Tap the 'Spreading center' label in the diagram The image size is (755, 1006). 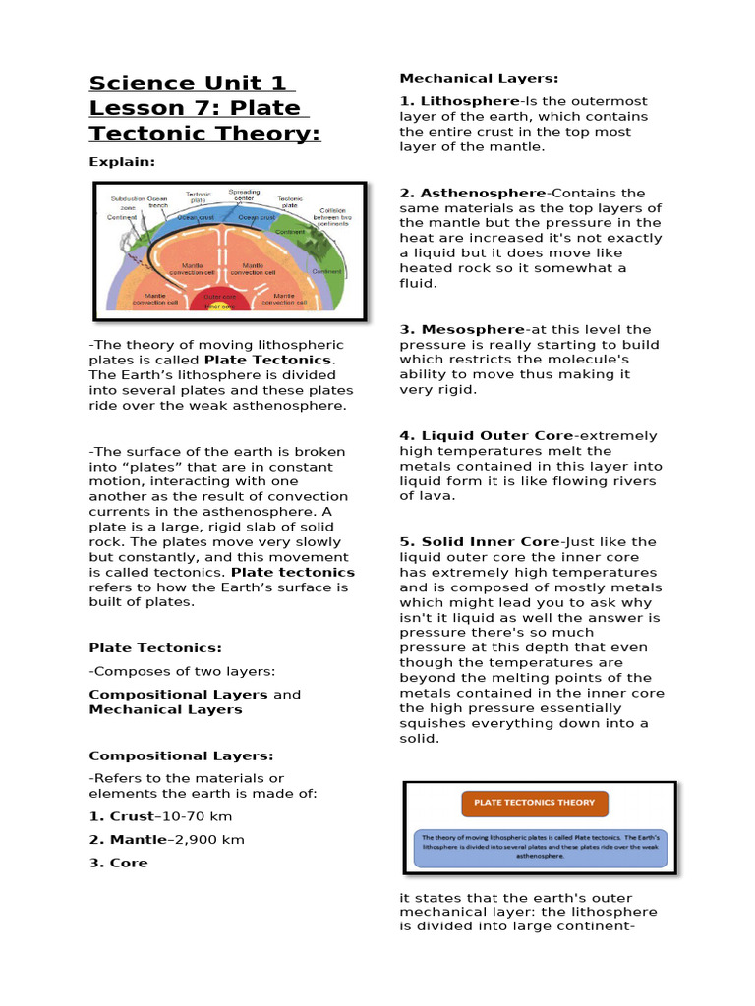click(244, 196)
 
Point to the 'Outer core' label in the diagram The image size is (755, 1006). click(220, 296)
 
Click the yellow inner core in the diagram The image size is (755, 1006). click(219, 307)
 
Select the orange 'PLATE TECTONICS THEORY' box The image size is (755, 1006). click(534, 803)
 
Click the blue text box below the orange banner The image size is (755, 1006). click(539, 847)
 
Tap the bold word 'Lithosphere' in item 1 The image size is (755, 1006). click(470, 101)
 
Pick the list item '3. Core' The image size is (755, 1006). click(118, 863)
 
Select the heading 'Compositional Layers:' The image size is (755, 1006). click(181, 755)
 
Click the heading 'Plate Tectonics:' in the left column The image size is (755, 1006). click(155, 648)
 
